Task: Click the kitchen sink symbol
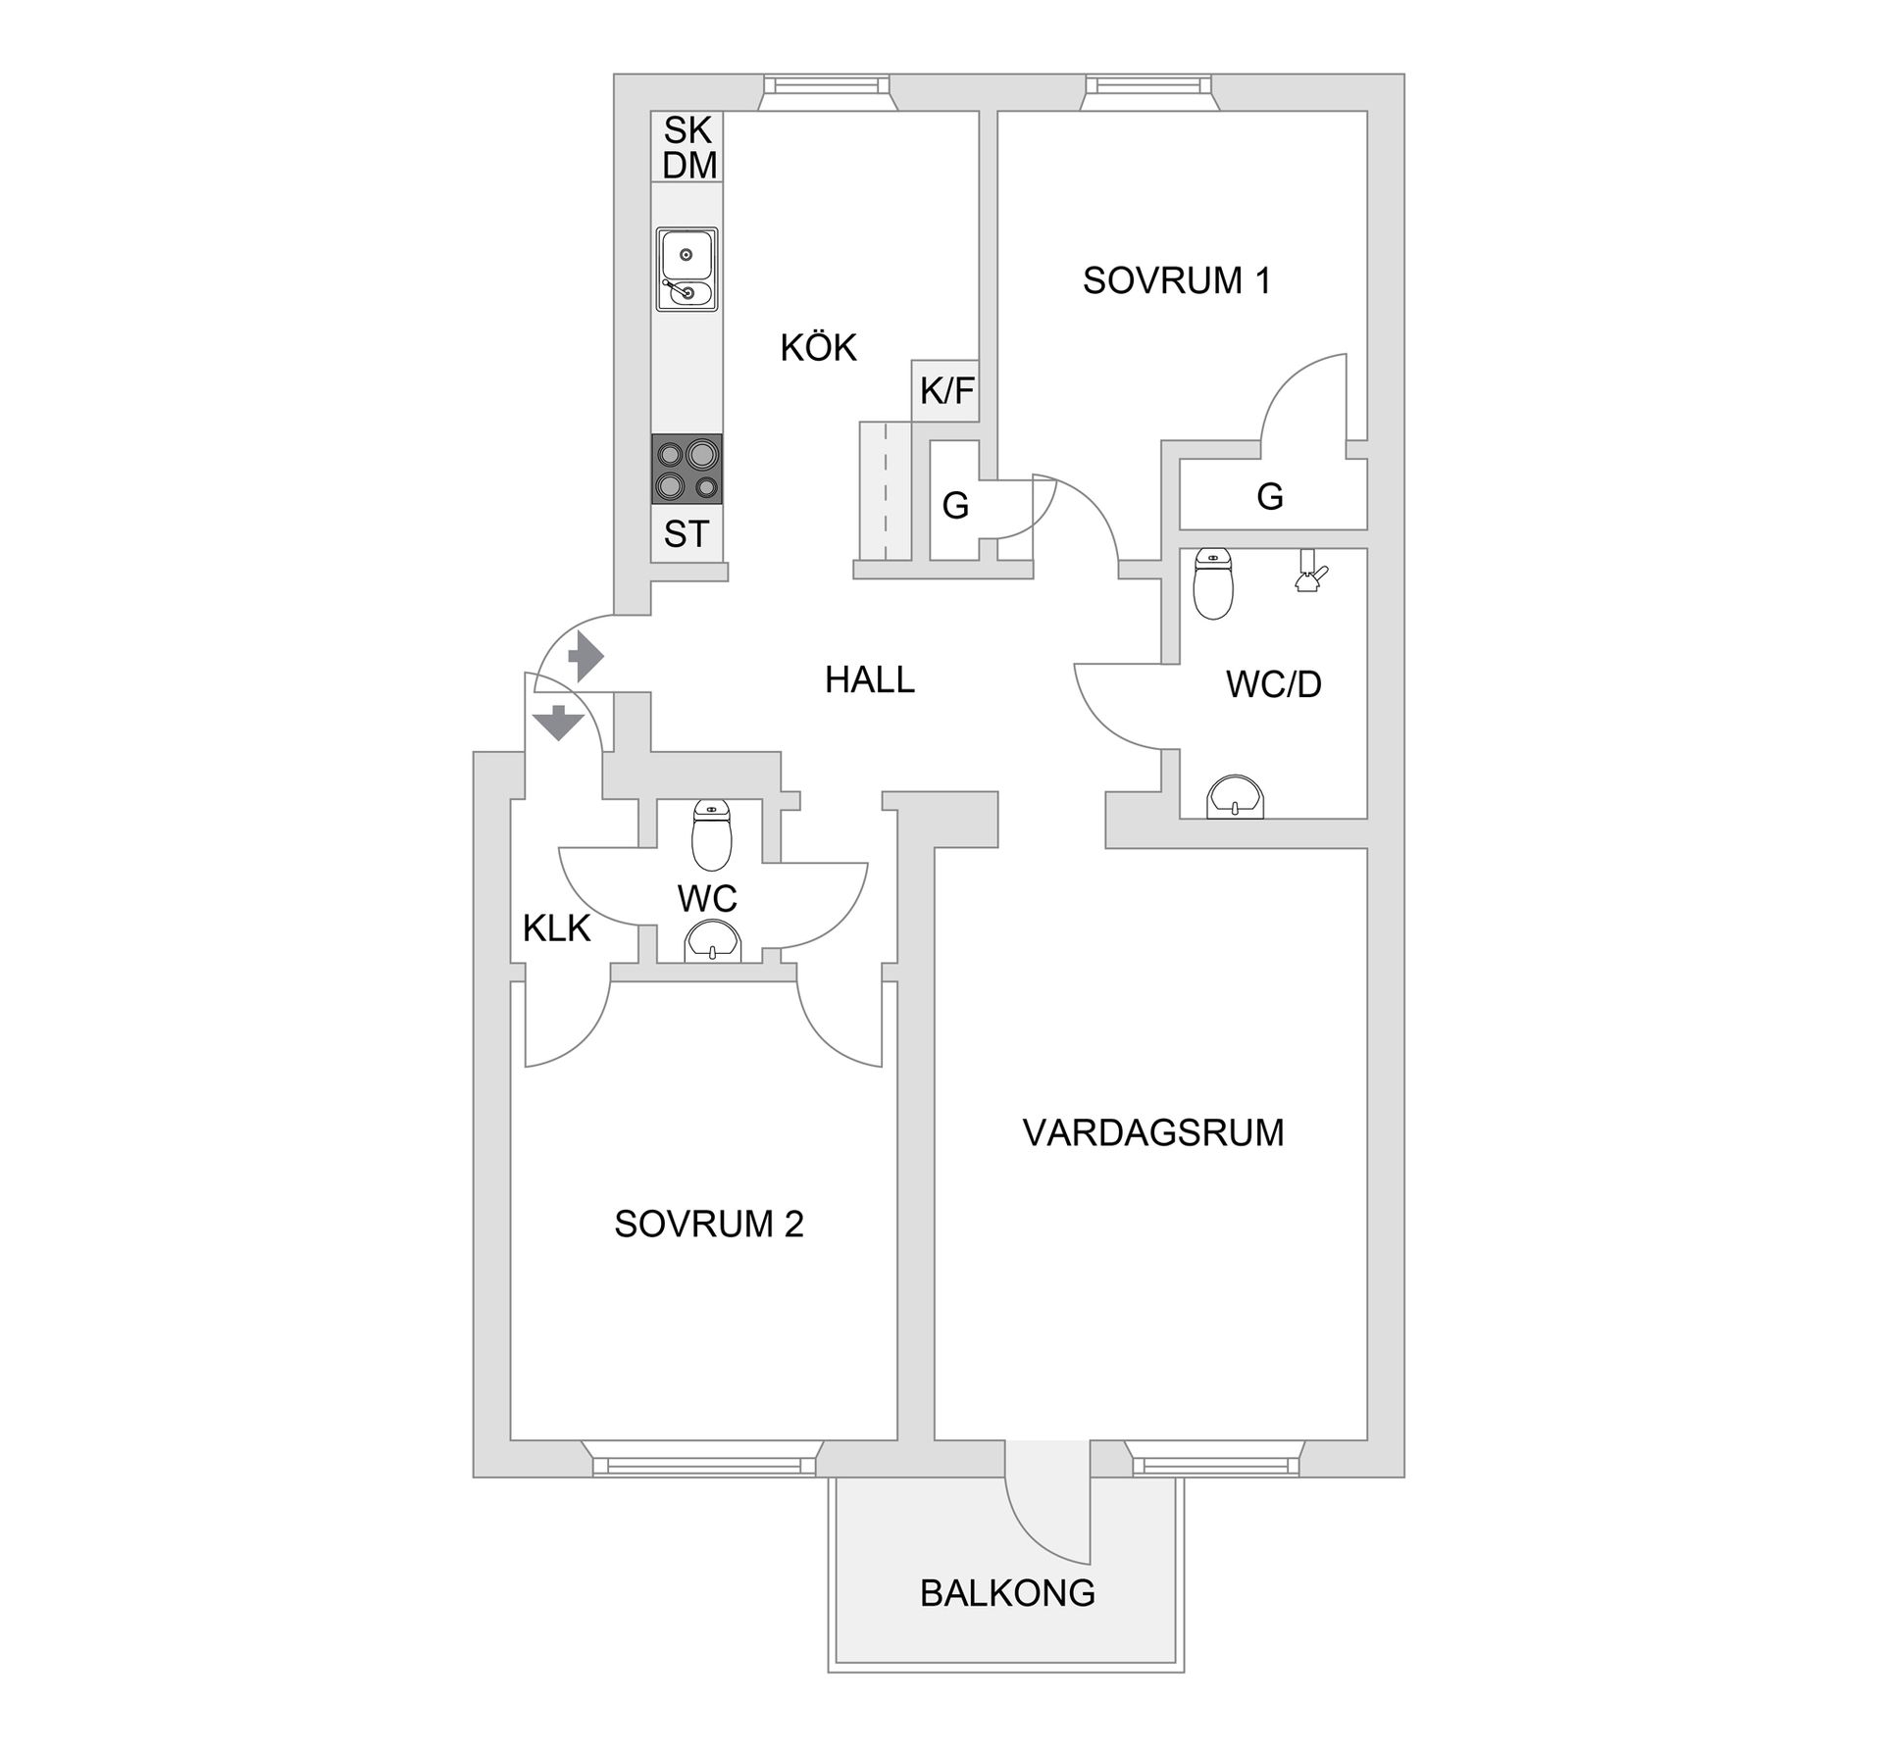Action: (x=687, y=270)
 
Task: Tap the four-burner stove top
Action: (x=687, y=470)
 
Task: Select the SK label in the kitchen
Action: (x=687, y=129)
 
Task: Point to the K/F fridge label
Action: (x=946, y=391)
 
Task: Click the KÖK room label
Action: (x=818, y=347)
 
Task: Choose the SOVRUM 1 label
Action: (x=1176, y=280)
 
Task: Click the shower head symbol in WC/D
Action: (x=1309, y=572)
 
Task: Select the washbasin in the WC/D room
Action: (x=1236, y=797)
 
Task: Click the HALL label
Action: (x=869, y=679)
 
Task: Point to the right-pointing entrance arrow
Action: (x=585, y=656)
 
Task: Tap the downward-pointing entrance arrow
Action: (x=558, y=722)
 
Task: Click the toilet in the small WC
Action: (x=711, y=835)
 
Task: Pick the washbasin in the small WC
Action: (x=713, y=942)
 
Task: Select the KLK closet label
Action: (x=556, y=927)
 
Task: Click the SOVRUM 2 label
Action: (x=708, y=1224)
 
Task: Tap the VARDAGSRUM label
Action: (x=1152, y=1132)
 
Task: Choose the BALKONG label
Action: (x=1007, y=1593)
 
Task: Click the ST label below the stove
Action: (x=686, y=534)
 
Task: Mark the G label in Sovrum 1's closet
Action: (x=1269, y=497)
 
